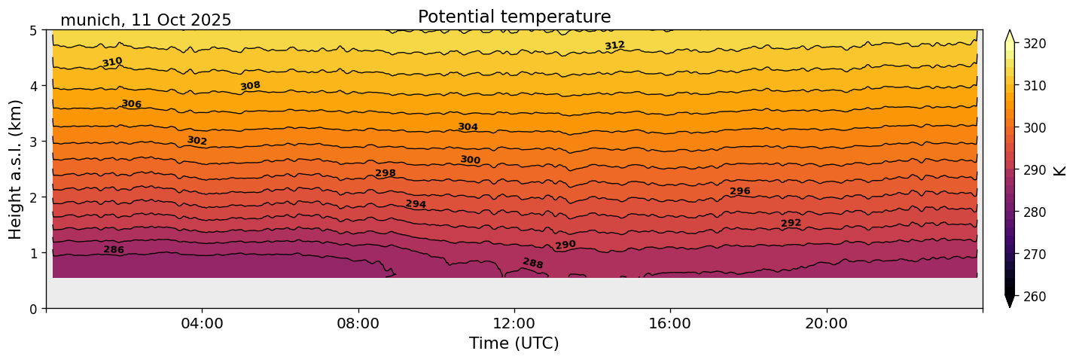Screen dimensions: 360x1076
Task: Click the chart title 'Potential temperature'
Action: click(x=514, y=17)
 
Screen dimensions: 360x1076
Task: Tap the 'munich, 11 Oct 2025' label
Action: click(x=145, y=20)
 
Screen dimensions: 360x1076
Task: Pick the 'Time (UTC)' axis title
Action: click(x=514, y=343)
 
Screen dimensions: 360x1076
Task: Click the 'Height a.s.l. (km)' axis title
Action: click(x=16, y=169)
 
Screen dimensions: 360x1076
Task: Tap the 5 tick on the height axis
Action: click(x=34, y=30)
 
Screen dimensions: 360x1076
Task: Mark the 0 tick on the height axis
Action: click(x=34, y=309)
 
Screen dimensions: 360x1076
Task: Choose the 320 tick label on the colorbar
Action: click(x=1033, y=44)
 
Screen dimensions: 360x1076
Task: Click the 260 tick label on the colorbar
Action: click(x=1033, y=297)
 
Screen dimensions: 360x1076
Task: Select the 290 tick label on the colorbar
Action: click(x=1033, y=170)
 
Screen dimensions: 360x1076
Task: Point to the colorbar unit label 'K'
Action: click(x=1060, y=169)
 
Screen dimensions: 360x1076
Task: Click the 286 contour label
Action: click(x=114, y=250)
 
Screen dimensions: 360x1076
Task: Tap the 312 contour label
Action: click(x=614, y=46)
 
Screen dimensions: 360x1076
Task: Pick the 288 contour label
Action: click(x=532, y=263)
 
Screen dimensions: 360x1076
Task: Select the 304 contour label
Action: click(x=468, y=127)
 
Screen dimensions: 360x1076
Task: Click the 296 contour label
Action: click(x=739, y=191)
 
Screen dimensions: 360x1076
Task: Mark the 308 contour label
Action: click(x=250, y=86)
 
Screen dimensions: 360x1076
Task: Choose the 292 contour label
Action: click(x=791, y=223)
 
